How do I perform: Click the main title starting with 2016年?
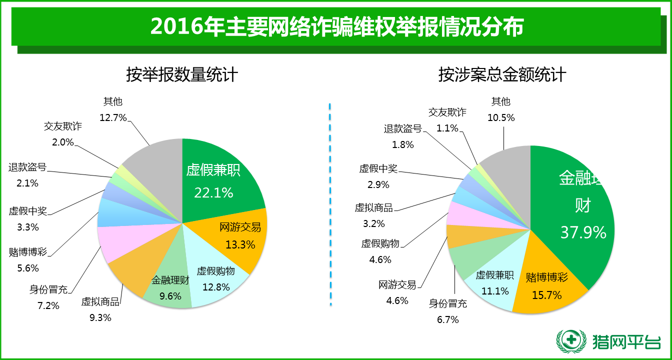[336, 26]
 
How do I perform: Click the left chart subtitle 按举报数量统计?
[181, 75]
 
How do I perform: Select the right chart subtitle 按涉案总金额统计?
[502, 75]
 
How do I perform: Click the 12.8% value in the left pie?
[216, 287]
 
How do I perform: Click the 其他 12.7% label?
[113, 109]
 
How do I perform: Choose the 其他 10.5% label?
[500, 109]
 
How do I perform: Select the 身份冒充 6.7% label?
[448, 311]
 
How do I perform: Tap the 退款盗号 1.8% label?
[403, 136]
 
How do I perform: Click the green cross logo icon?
[571, 342]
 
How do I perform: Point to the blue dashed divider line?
[330, 205]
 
